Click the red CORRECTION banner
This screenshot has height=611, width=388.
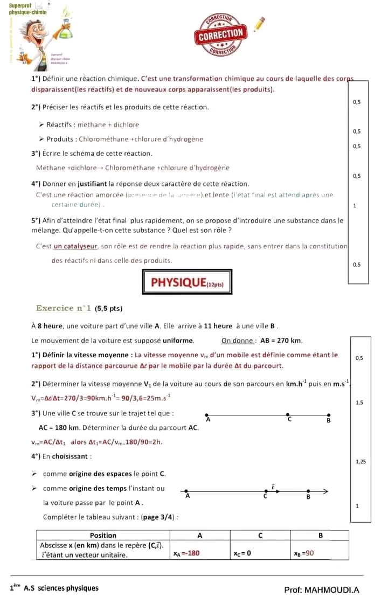[221, 33]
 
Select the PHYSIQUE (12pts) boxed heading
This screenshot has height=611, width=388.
[187, 282]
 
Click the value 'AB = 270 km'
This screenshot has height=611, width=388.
[281, 341]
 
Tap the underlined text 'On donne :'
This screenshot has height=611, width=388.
[239, 341]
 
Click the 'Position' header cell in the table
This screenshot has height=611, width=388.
[103, 535]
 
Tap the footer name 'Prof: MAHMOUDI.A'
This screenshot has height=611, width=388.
[321, 589]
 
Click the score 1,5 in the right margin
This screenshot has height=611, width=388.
[360, 402]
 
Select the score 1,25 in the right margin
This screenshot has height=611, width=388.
[361, 461]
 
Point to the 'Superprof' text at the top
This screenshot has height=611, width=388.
[21, 4]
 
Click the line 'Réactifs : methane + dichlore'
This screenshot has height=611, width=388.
[92, 124]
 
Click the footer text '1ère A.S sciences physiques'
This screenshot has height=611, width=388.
[54, 588]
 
